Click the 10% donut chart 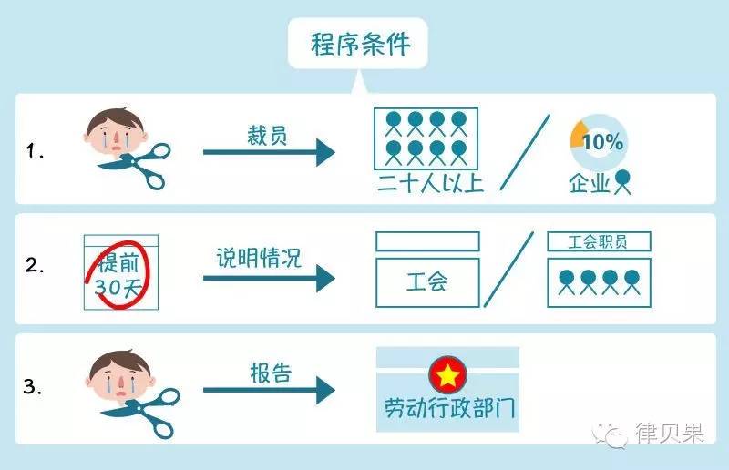coord(597,141)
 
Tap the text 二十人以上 coord(430,182)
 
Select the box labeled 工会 coord(426,281)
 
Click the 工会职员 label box coord(599,241)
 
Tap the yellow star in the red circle coord(448,373)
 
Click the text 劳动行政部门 coord(450,407)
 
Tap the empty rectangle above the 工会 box coord(427,241)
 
